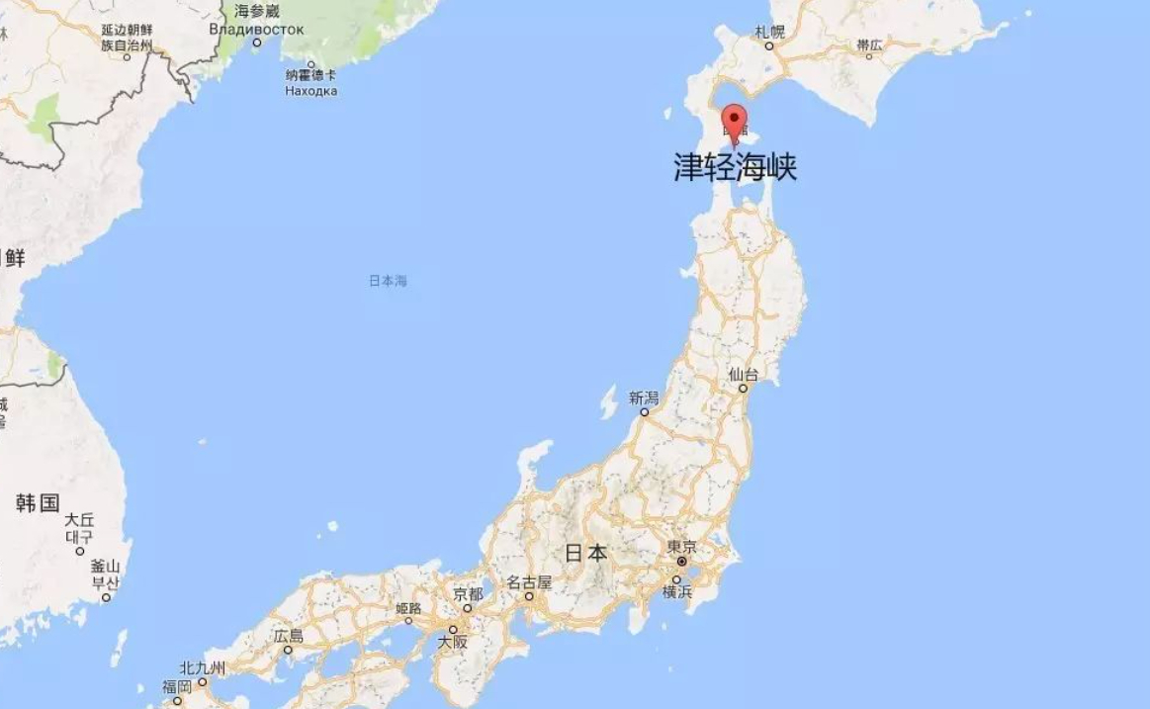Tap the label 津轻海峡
coord(735,166)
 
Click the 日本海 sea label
coord(388,281)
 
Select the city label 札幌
coord(769,32)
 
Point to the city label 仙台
coord(743,375)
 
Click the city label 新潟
coord(643,398)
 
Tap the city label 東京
coord(681,547)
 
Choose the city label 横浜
coord(677,592)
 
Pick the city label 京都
coord(468,594)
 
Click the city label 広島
coord(289,637)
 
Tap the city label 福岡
coord(177,686)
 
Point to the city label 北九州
coord(203,668)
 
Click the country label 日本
coord(585,553)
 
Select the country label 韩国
coord(38,502)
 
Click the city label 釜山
coord(105,567)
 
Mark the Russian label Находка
coord(310,90)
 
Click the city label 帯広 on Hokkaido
coord(869,44)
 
